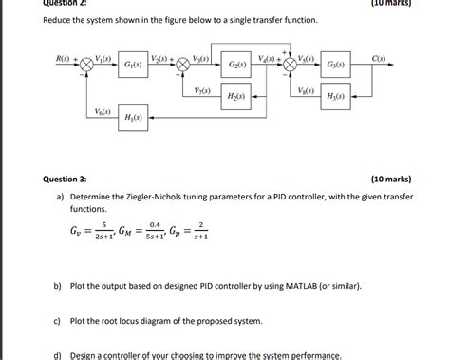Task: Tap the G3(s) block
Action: tap(335, 65)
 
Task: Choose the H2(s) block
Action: tap(234, 97)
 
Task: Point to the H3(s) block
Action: tap(335, 97)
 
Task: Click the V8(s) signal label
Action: tap(306, 90)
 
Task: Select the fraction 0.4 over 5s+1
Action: tap(166, 230)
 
